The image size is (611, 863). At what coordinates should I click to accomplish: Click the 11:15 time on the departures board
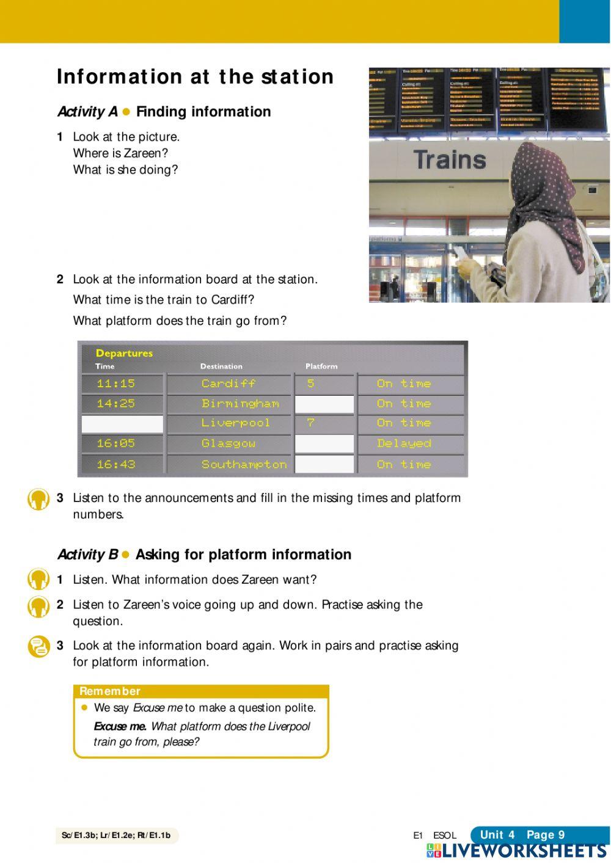point(116,384)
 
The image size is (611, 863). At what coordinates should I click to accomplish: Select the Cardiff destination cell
point(229,384)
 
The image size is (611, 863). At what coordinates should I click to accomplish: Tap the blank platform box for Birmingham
point(324,404)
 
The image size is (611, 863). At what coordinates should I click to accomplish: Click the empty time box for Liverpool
point(122,424)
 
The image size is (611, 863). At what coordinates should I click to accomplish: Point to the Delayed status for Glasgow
point(404,443)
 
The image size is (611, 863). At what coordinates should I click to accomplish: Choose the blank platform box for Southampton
point(324,464)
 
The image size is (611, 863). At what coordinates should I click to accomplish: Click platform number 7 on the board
point(311,423)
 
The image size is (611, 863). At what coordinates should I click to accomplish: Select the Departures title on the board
point(124,353)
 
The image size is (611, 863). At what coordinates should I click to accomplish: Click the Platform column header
point(321,366)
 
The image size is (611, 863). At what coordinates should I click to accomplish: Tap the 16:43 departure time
point(116,464)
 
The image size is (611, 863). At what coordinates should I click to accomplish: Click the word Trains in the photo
point(450,160)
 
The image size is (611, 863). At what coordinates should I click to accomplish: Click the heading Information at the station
point(195,77)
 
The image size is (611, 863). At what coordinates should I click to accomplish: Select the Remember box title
point(110,691)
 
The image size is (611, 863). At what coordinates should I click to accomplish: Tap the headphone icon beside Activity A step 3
point(38,499)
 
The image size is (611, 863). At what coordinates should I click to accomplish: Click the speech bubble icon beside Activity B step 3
point(38,646)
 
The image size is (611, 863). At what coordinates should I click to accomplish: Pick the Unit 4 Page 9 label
point(522,835)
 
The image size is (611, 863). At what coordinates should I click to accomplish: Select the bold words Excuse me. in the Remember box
point(120,727)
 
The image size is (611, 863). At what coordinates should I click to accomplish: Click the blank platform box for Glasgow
point(324,444)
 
